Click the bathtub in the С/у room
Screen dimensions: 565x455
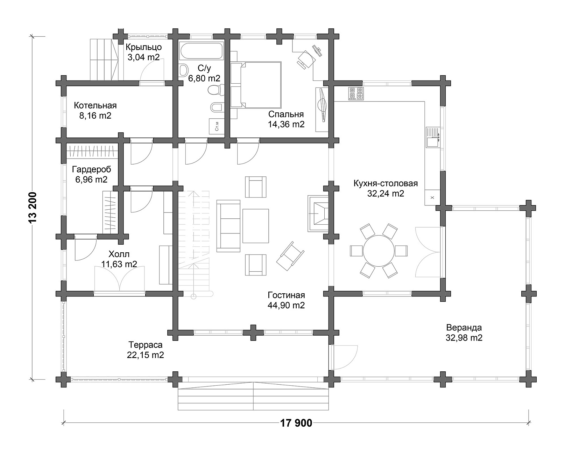click(202, 50)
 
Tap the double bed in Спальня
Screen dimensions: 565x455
click(256, 85)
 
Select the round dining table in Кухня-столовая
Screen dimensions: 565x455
click(379, 251)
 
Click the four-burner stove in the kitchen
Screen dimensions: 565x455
click(356, 93)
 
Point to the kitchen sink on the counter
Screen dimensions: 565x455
click(433, 138)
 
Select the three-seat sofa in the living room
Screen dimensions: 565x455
click(228, 226)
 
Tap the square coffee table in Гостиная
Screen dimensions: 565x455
click(255, 226)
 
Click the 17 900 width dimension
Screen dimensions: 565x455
click(296, 423)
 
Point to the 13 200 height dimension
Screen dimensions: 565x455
click(33, 208)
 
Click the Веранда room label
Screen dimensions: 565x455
click(464, 328)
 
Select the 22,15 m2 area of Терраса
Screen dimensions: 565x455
click(146, 355)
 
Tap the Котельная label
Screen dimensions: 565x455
click(95, 105)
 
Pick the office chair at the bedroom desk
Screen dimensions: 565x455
click(306, 59)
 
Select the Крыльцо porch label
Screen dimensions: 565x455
click(144, 47)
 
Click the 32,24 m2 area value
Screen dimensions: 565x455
click(386, 194)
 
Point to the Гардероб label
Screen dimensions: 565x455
click(91, 169)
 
